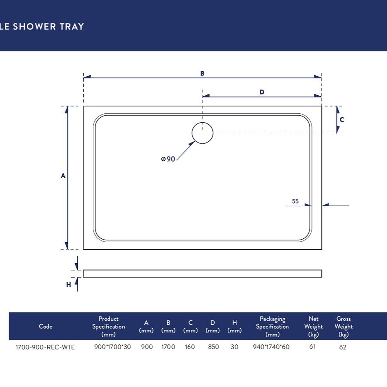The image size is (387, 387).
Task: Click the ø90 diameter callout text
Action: [x=168, y=159]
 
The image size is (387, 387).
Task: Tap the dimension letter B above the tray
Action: [x=202, y=73]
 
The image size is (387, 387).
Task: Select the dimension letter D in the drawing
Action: [x=262, y=92]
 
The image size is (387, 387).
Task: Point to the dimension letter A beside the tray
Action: [x=63, y=175]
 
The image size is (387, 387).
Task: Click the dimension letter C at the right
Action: [x=342, y=120]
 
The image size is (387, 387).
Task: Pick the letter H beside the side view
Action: [x=68, y=284]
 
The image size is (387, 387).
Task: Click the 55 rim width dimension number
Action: [x=295, y=201]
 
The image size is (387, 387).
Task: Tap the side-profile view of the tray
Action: [x=202, y=274]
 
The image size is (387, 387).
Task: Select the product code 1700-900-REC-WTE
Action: [x=45, y=347]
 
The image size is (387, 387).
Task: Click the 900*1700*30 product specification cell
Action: [x=113, y=347]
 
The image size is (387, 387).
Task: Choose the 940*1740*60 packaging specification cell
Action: [x=271, y=347]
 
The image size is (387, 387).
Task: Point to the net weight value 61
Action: [x=312, y=346]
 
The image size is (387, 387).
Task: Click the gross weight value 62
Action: [x=343, y=347]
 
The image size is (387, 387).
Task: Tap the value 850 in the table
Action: [x=213, y=347]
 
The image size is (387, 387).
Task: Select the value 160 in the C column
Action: [x=190, y=347]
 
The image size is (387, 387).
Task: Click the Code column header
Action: [x=46, y=326]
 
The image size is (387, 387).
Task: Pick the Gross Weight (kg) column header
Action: [x=344, y=327]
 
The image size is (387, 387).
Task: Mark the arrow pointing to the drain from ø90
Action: [x=186, y=151]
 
